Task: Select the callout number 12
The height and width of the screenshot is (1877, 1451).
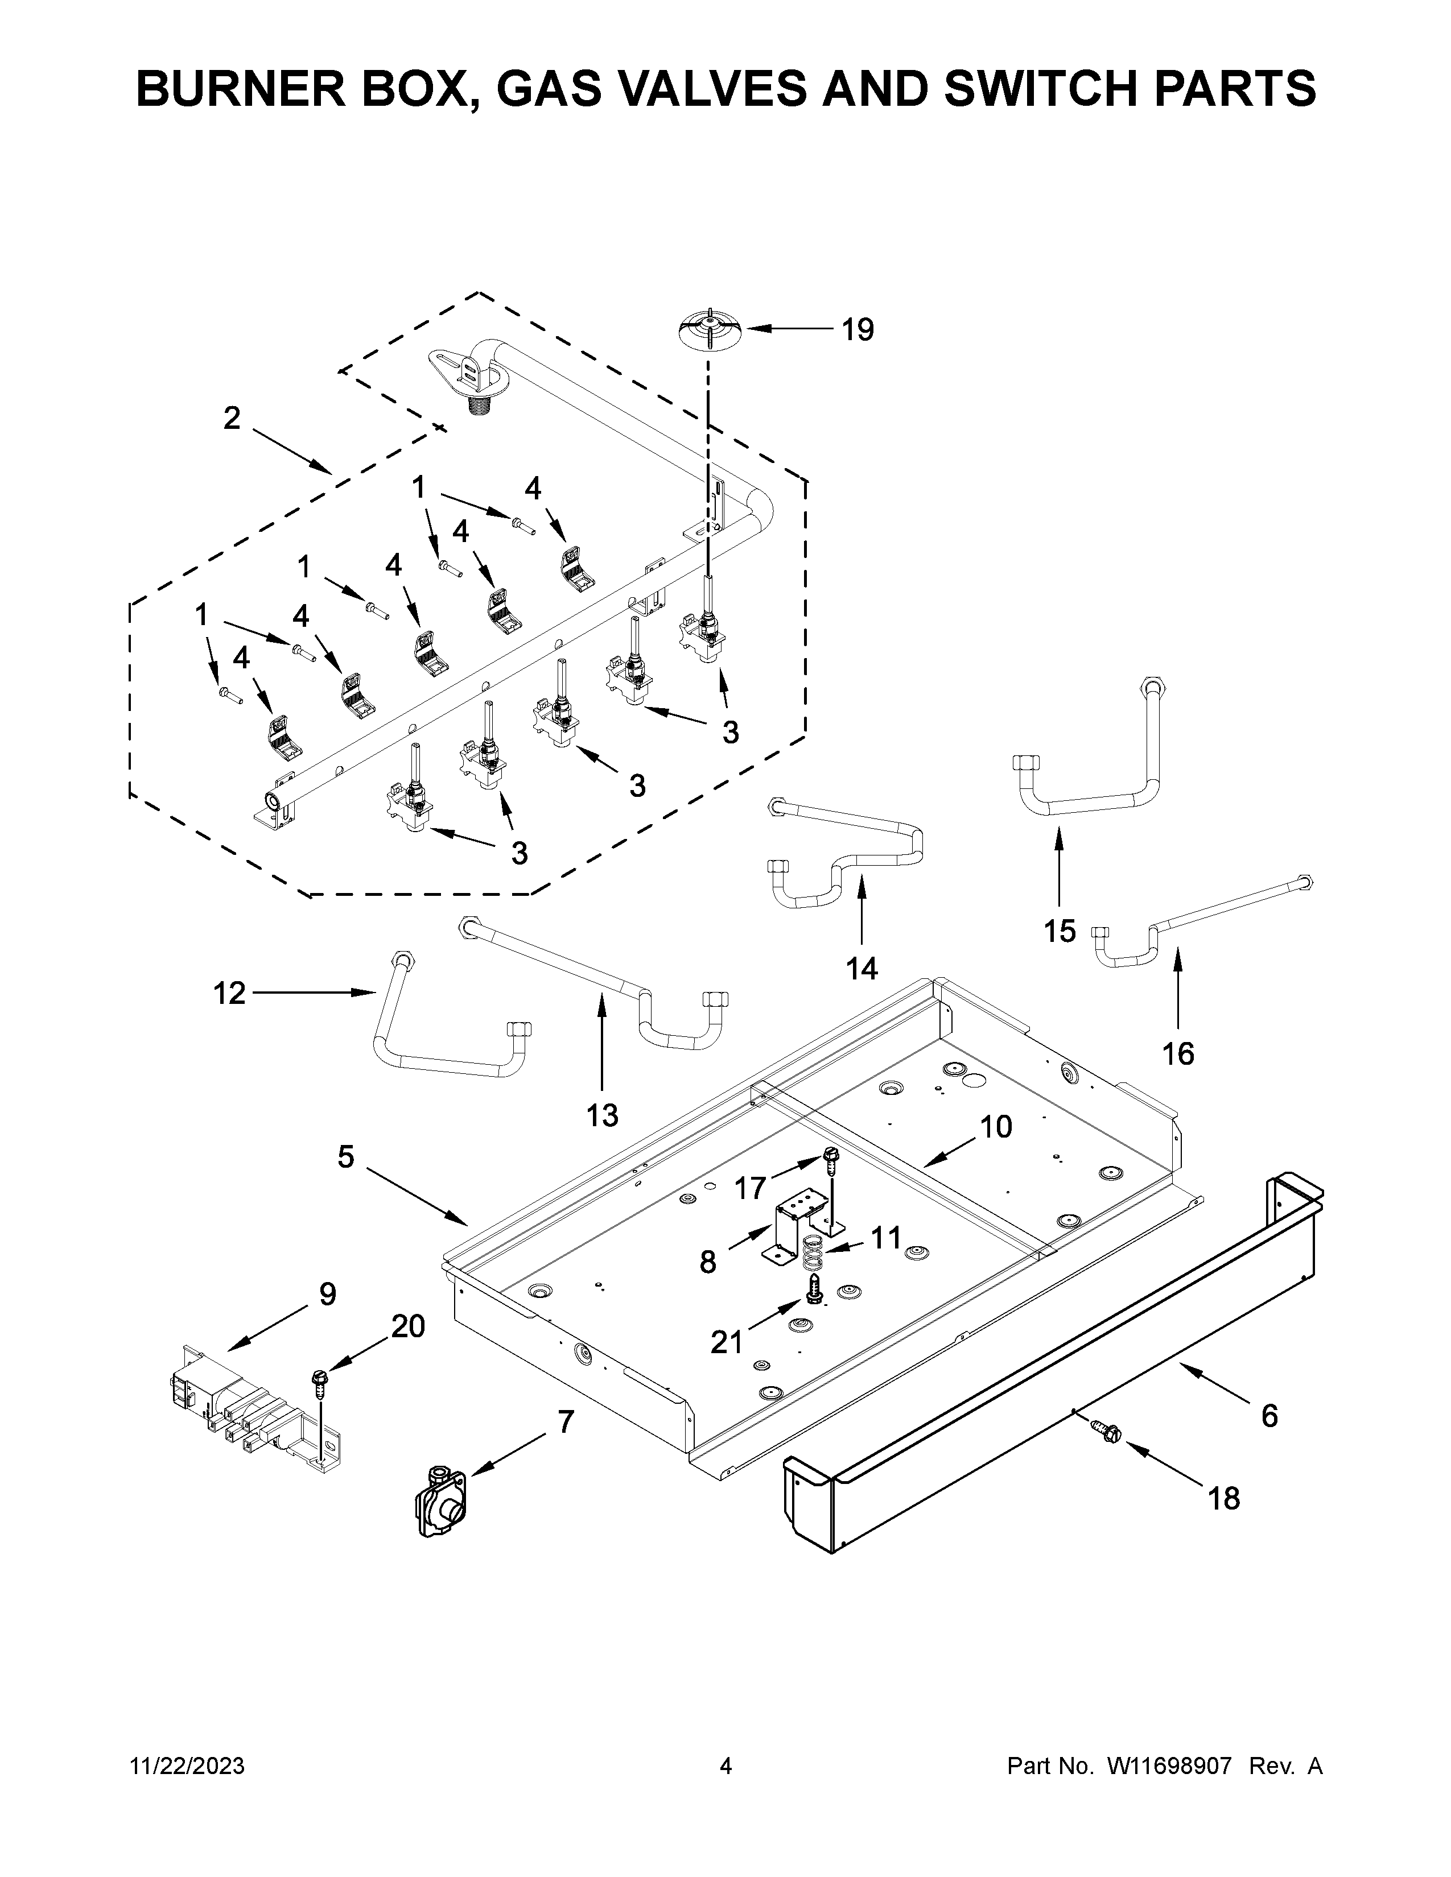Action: pyautogui.click(x=229, y=994)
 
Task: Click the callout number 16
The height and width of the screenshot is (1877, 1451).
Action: pyautogui.click(x=1178, y=1053)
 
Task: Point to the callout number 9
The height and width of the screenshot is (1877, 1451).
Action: pyautogui.click(x=328, y=1295)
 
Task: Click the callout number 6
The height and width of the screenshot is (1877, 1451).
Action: pyautogui.click(x=1269, y=1416)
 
